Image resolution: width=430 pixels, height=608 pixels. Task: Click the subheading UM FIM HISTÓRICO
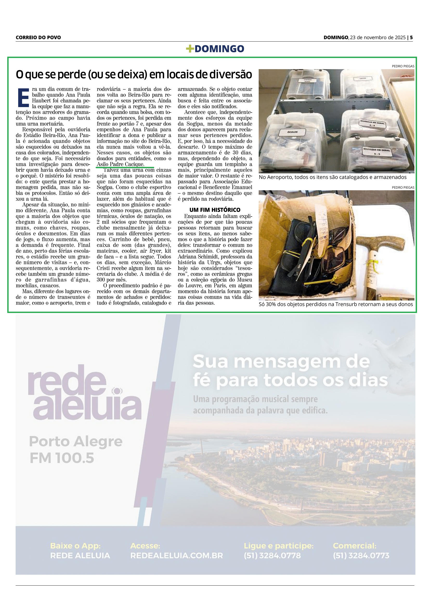tap(215, 210)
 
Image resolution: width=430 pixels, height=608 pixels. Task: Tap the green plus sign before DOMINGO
tap(190, 49)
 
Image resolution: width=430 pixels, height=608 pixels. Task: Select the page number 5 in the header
tap(411, 37)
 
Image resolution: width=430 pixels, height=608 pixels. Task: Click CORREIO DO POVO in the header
tap(38, 37)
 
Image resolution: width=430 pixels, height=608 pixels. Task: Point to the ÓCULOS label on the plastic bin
tap(292, 132)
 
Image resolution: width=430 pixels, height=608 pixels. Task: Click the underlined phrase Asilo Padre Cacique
tap(120, 164)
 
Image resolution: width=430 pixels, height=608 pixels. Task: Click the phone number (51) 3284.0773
tap(361, 555)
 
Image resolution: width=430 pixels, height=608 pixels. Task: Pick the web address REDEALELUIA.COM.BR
tap(176, 555)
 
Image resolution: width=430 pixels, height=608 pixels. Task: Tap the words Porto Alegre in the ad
tap(76, 441)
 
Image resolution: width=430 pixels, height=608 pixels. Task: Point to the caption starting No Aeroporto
tap(332, 177)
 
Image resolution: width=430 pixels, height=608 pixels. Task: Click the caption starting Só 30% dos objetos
tap(335, 304)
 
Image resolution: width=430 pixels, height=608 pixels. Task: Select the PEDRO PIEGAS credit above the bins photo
tap(403, 66)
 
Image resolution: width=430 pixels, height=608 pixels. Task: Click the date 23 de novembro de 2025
tap(377, 37)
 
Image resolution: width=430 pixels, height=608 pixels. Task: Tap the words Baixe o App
tap(75, 546)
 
